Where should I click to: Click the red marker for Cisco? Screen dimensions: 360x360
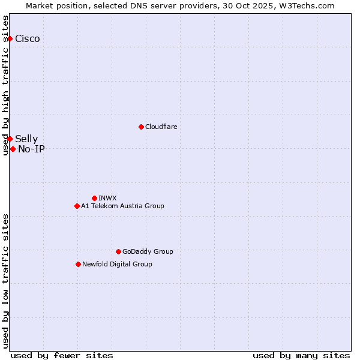click(10, 38)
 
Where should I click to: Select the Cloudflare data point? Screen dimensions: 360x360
click(141, 127)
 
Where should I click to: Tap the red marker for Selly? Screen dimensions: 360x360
click(10, 139)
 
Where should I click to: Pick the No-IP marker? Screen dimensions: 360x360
click(13, 149)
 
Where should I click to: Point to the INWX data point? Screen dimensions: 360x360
click(94, 198)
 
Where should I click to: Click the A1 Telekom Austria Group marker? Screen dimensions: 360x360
click(77, 206)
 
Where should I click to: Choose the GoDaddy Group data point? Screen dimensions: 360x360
click(118, 251)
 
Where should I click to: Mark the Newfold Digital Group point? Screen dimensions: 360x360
click(78, 264)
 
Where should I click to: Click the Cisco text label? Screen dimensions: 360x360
click(28, 39)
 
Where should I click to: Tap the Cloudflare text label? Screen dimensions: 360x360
click(161, 127)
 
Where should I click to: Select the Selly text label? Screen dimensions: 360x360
click(26, 139)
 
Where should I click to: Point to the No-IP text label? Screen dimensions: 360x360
click(31, 149)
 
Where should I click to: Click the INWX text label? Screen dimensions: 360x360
click(107, 198)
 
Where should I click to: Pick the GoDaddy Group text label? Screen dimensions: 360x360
click(148, 251)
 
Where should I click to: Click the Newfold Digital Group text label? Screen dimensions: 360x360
click(117, 264)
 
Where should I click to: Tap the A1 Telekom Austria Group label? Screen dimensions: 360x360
click(122, 206)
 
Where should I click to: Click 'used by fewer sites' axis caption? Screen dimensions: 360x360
click(62, 355)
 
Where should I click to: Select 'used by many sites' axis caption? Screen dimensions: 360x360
click(301, 355)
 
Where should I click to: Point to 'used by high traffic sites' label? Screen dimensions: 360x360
click(6, 85)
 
